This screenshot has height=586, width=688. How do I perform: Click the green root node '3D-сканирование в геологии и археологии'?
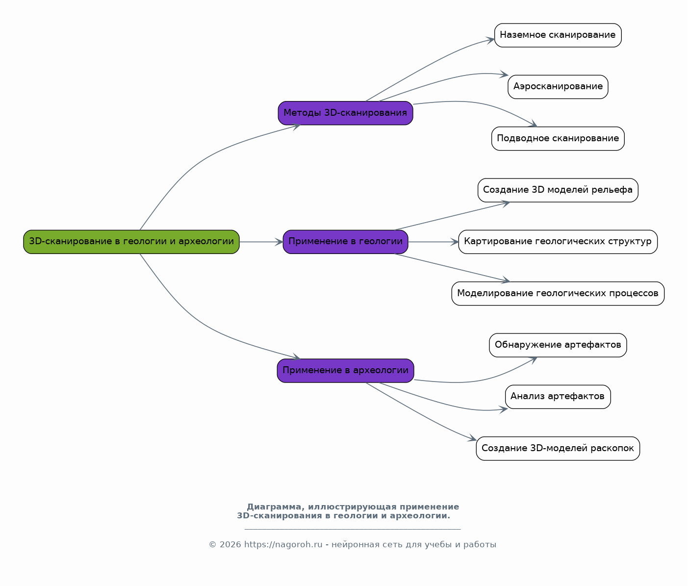pyautogui.click(x=131, y=242)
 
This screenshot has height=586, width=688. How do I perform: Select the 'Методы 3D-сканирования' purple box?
pyautogui.click(x=345, y=113)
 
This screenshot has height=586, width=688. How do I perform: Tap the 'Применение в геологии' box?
pyautogui.click(x=345, y=242)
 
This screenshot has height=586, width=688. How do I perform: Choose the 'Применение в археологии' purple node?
pyautogui.click(x=345, y=371)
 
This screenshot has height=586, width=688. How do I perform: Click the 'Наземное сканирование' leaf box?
pyautogui.click(x=558, y=35)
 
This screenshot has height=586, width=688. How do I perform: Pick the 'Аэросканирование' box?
pyautogui.click(x=558, y=87)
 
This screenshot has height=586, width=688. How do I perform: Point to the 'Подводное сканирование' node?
pyautogui.click(x=558, y=139)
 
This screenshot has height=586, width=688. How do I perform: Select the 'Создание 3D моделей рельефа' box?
pyautogui.click(x=558, y=190)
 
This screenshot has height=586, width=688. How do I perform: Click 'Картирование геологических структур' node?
pyautogui.click(x=558, y=242)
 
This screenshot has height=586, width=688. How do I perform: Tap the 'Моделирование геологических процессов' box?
pyautogui.click(x=558, y=294)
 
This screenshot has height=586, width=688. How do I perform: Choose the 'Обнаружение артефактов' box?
pyautogui.click(x=558, y=345)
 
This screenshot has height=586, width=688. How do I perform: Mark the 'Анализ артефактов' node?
pyautogui.click(x=558, y=397)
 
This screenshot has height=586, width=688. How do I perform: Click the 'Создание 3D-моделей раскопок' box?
pyautogui.click(x=558, y=449)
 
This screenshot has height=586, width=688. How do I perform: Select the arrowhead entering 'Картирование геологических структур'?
pyautogui.click(x=455, y=242)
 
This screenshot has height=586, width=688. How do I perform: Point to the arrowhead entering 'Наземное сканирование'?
pyautogui.click(x=490, y=40)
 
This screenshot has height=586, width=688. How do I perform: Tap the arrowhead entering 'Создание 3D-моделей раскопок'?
pyautogui.click(x=472, y=438)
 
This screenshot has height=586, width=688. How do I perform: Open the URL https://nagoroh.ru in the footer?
pyautogui.click(x=283, y=545)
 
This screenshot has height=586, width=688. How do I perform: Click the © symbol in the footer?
pyautogui.click(x=212, y=545)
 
